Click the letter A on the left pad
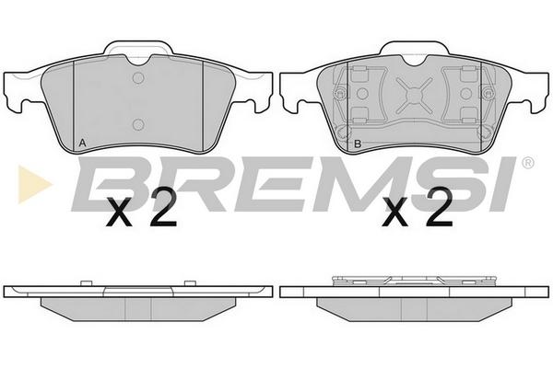click(x=82, y=143)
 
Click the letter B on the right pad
click(x=358, y=144)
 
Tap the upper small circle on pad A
click(x=138, y=78)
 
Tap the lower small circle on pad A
click(x=138, y=124)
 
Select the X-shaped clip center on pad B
click(x=414, y=96)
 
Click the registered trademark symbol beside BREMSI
click(x=528, y=163)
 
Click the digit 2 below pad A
click(x=162, y=207)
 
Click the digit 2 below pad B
click(x=439, y=207)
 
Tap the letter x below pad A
click(x=120, y=213)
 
